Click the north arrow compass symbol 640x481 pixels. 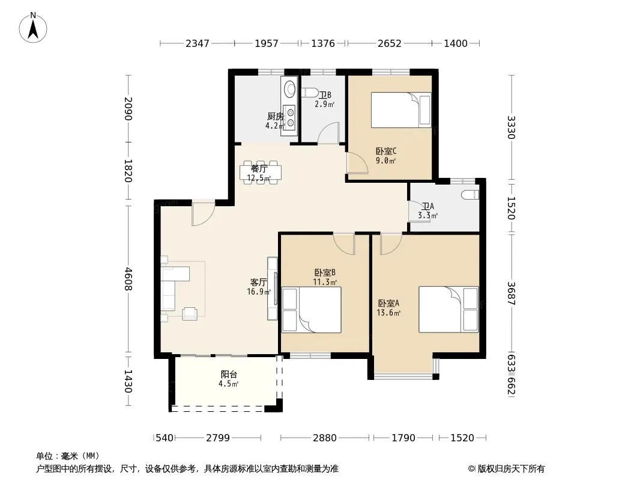[x=33, y=28]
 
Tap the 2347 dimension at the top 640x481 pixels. [x=198, y=43]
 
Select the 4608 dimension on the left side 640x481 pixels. [x=128, y=279]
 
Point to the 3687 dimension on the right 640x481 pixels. [x=512, y=293]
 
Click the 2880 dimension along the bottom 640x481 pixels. [x=325, y=438]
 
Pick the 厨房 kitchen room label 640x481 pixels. [x=276, y=117]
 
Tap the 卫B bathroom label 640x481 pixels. [x=325, y=95]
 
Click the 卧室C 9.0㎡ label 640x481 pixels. [x=385, y=156]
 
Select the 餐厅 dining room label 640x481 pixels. [x=259, y=168]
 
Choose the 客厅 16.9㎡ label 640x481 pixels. [x=259, y=287]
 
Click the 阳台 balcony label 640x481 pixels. [x=229, y=375]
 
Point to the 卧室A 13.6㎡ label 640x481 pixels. [x=388, y=308]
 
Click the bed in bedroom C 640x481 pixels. [x=401, y=110]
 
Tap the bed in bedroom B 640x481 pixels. [x=312, y=310]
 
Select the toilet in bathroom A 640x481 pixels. [x=471, y=195]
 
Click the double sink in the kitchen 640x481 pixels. [x=290, y=117]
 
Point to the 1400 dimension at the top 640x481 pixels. [x=456, y=43]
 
